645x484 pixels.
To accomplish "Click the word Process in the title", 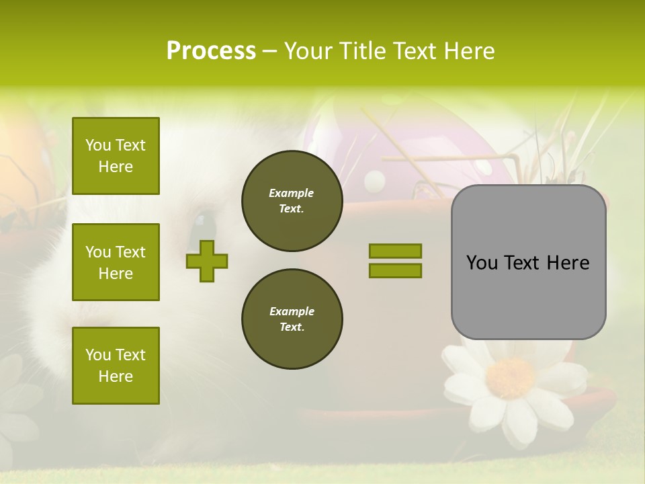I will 211,51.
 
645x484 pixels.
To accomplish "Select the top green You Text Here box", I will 116,156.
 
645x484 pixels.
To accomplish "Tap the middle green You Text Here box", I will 116,262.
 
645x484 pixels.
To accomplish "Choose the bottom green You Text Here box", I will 116,365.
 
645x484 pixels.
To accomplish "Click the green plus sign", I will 207,261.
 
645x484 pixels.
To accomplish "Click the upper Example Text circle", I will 292,200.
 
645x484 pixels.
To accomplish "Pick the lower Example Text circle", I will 292,319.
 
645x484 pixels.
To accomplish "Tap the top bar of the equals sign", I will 395,251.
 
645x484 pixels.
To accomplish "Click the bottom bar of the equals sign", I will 395,270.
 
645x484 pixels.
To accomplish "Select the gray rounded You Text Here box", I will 528,262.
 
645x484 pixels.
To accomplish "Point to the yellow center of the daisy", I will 511,378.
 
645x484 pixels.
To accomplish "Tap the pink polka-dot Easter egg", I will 403,148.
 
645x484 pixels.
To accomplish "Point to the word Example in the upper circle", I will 292,193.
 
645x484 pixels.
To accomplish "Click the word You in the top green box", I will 98,145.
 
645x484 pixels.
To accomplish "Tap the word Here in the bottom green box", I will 116,376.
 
